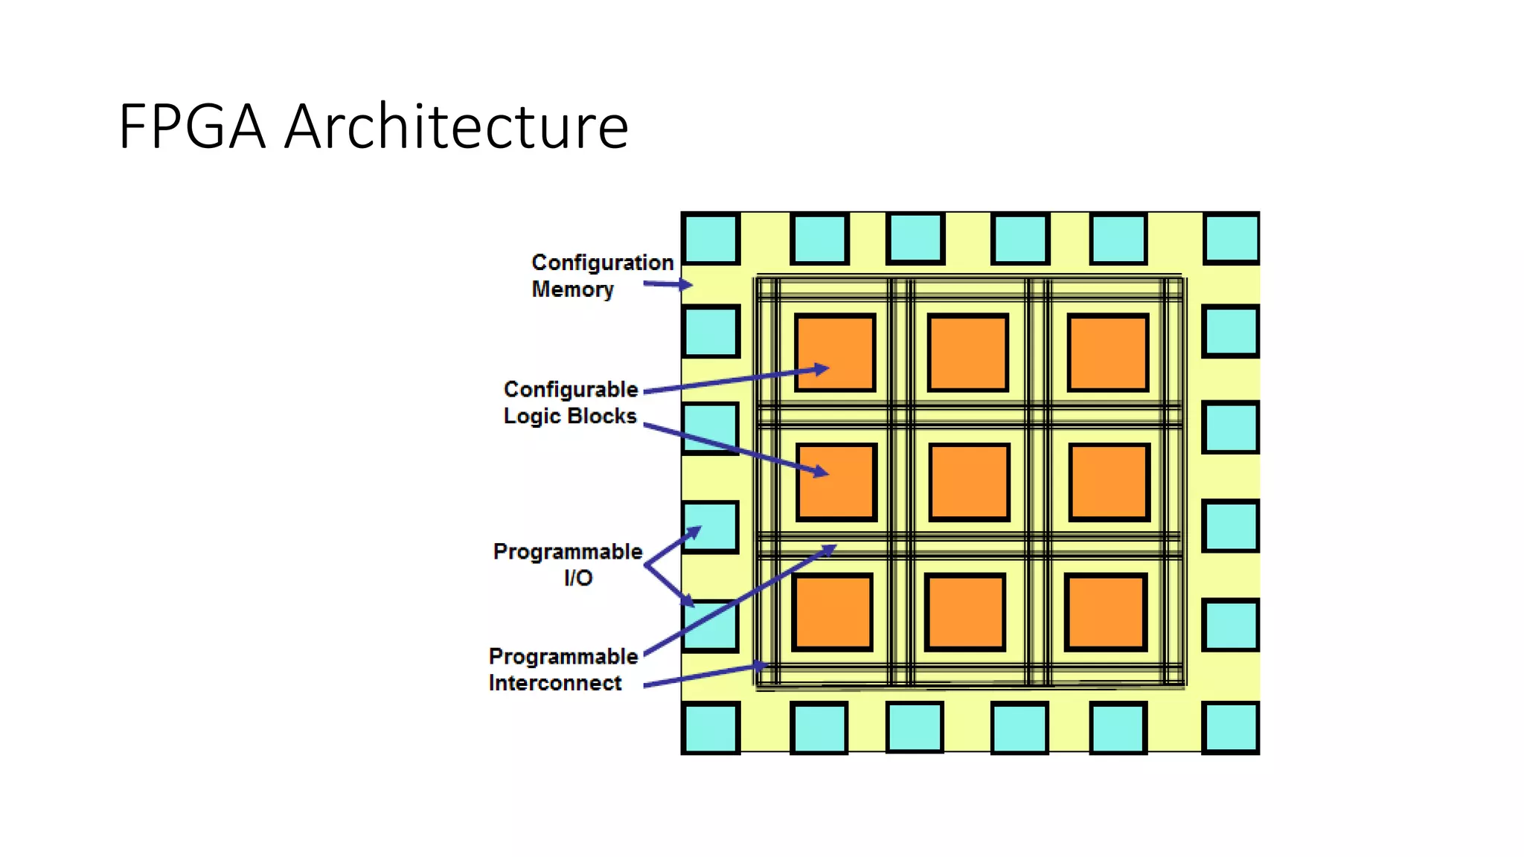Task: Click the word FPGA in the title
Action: pyautogui.click(x=192, y=127)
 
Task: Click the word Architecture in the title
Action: pyautogui.click(x=456, y=127)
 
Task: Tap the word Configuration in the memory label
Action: pyautogui.click(x=602, y=263)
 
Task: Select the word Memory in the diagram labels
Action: pyautogui.click(x=572, y=289)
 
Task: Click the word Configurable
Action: pyautogui.click(x=571, y=390)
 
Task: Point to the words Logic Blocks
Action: pyautogui.click(x=570, y=416)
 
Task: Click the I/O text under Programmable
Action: pyautogui.click(x=578, y=578)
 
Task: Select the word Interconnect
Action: pyautogui.click(x=555, y=683)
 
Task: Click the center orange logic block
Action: pyautogui.click(x=969, y=482)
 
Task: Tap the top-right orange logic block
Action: pyautogui.click(x=1108, y=353)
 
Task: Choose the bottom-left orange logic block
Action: pyautogui.click(x=832, y=612)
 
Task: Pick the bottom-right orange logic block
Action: pyautogui.click(x=1105, y=612)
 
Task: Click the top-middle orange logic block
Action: pyautogui.click(x=968, y=353)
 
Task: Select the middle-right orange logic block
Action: pyautogui.click(x=1110, y=482)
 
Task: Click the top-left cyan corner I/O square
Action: pyautogui.click(x=711, y=239)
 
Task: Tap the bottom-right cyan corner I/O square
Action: pyautogui.click(x=1231, y=728)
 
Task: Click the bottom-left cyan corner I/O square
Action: pyautogui.click(x=711, y=728)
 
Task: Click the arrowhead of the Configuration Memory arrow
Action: pyautogui.click(x=686, y=284)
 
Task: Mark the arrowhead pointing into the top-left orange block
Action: pyautogui.click(x=822, y=369)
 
